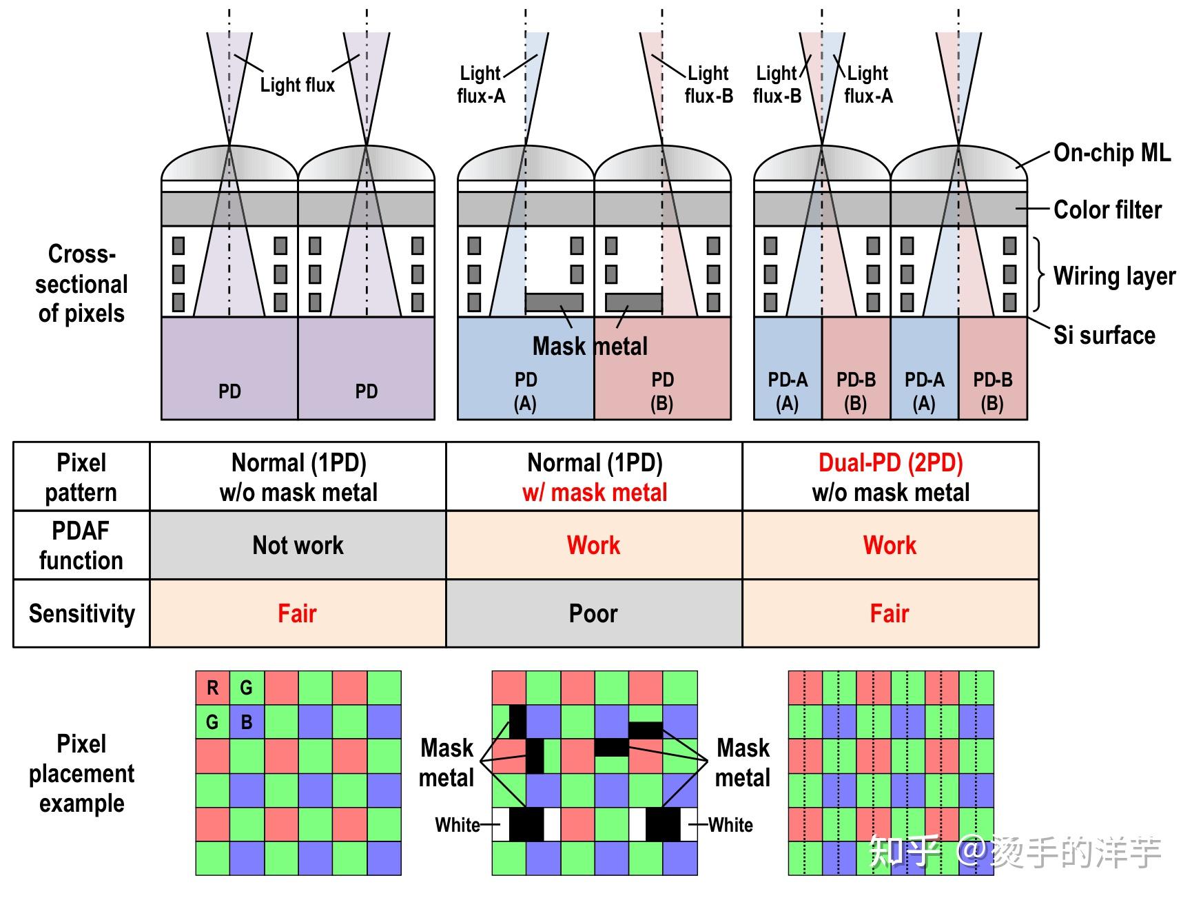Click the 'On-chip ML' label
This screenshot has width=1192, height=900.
pos(1111,152)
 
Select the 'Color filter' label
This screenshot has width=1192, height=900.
pos(1107,209)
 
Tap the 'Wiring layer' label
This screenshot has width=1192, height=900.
pos(1114,276)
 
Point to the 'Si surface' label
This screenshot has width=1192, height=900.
pos(1104,335)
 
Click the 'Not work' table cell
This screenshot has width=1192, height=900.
pos(298,545)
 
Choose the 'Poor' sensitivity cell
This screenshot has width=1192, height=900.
pos(593,613)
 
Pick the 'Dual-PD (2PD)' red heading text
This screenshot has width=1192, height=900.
pos(890,462)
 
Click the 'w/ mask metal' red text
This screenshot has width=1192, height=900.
pos(594,493)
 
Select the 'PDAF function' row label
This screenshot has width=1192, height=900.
pos(81,545)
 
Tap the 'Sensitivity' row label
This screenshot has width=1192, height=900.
pos(81,613)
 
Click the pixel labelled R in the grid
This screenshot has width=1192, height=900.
pos(212,688)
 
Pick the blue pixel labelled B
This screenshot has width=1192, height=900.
pos(246,722)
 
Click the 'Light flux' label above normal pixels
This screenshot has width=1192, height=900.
pos(297,85)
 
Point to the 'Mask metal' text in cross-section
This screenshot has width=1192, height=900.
pos(590,346)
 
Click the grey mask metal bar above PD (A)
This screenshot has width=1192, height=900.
pos(554,302)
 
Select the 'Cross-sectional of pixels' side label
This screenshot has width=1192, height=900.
pos(81,283)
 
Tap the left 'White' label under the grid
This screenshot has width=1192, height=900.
pos(457,825)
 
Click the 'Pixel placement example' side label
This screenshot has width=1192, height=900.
pos(81,773)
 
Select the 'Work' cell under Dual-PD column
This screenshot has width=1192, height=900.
pos(890,545)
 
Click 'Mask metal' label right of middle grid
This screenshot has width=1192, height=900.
pos(742,763)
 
